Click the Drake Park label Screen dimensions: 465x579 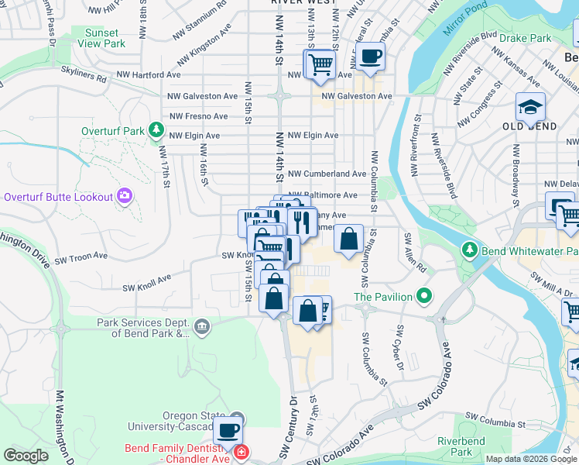tap(525, 37)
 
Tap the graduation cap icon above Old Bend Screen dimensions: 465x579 tap(531, 107)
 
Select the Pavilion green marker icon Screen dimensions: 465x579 tap(423, 295)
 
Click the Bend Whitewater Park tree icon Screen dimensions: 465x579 tap(468, 250)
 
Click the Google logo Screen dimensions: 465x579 tap(26, 456)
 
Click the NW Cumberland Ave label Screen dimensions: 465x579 tap(327, 174)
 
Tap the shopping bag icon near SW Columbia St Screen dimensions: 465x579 tap(349, 239)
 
